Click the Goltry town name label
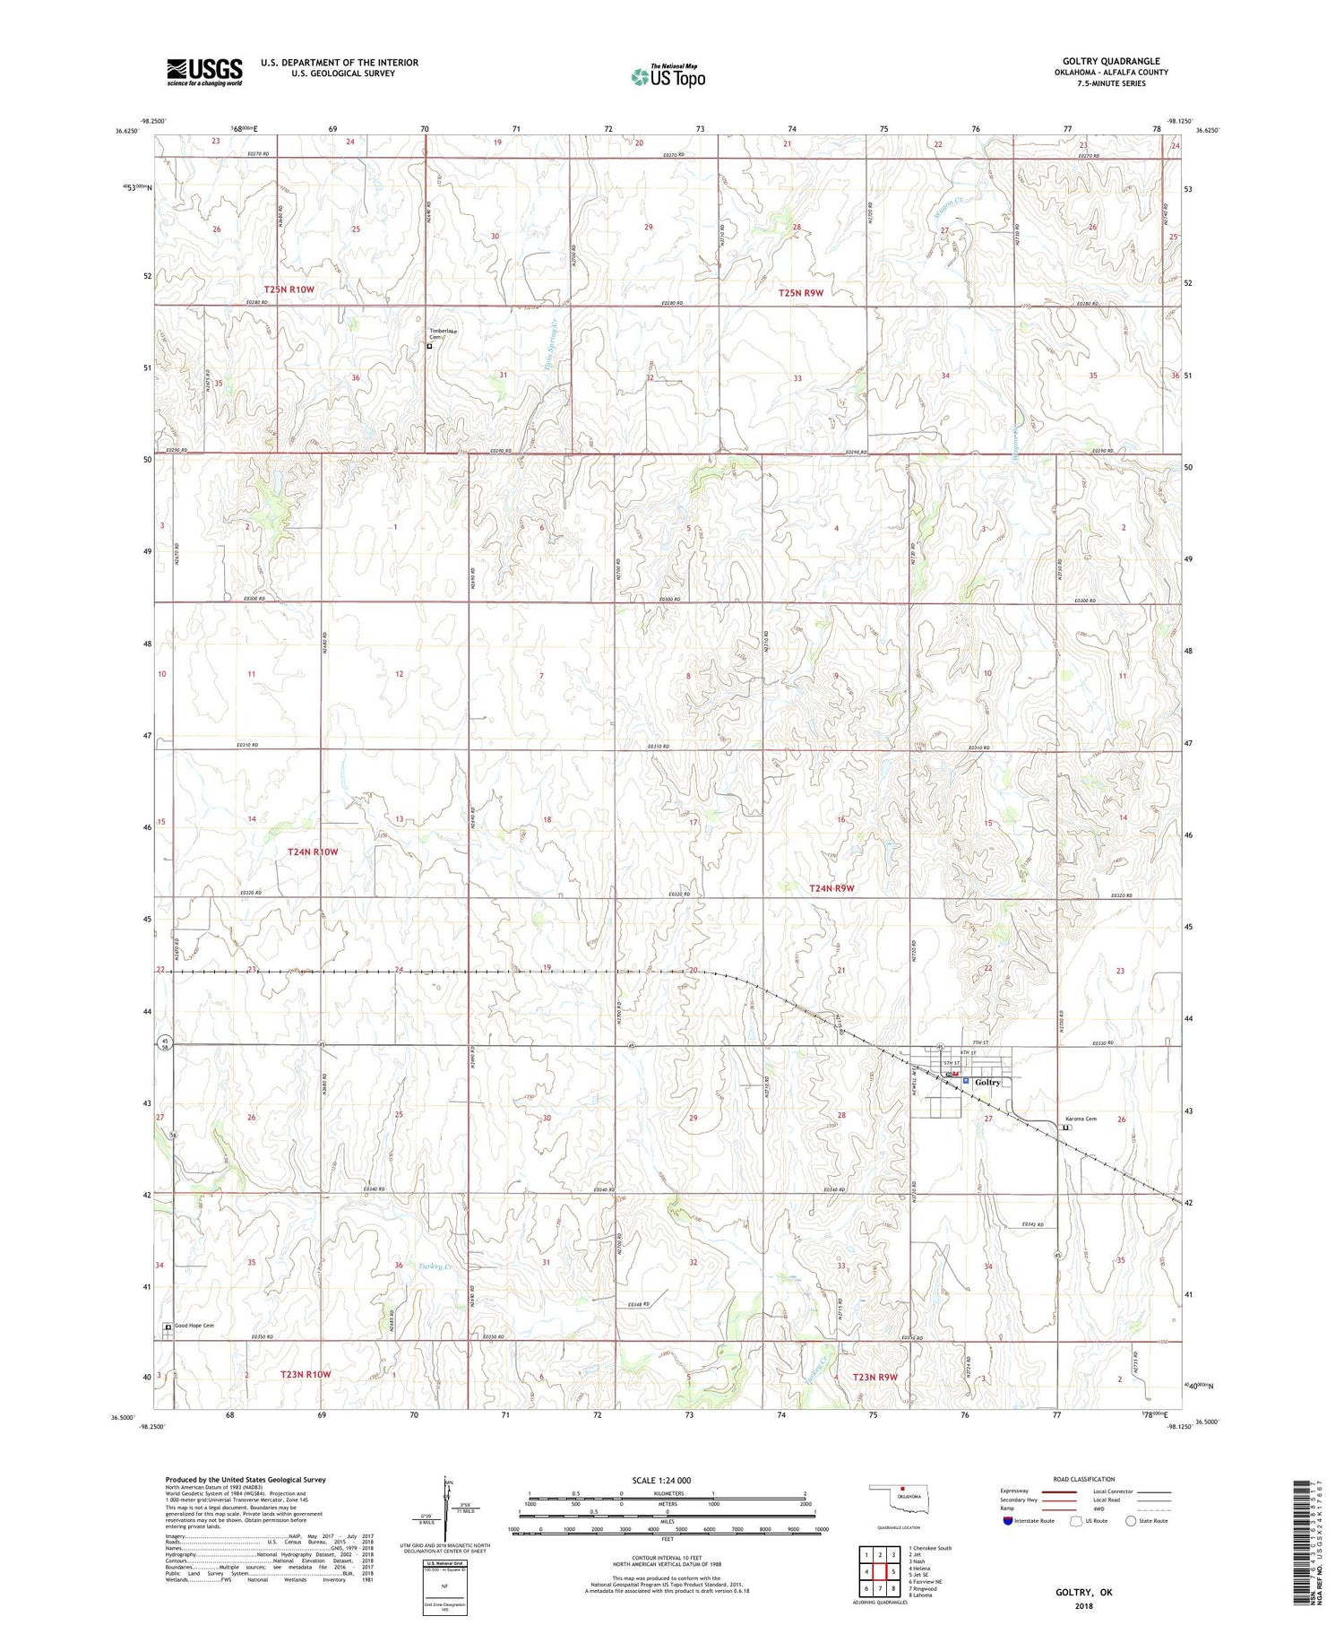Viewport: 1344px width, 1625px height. click(987, 1082)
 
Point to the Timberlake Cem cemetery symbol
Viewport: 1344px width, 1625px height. click(429, 346)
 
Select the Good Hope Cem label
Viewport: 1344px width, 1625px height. click(194, 1326)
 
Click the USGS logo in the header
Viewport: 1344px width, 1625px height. click(204, 72)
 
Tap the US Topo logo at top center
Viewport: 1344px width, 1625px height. click(668, 77)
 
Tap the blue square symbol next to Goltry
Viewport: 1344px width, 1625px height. click(966, 1082)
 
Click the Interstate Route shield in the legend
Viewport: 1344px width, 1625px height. click(1008, 1521)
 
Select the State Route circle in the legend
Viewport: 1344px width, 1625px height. click(1131, 1521)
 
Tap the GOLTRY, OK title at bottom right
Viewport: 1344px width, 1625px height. click(1083, 1592)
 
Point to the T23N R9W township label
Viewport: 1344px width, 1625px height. click(874, 1377)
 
